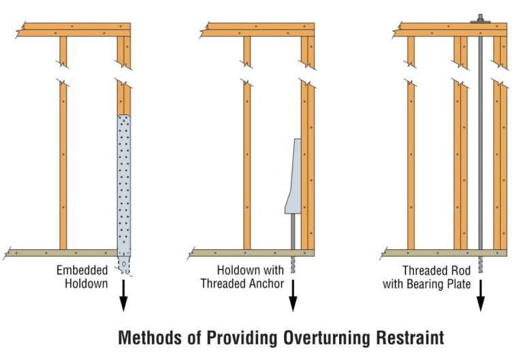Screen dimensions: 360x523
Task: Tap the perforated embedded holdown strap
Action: tap(123, 184)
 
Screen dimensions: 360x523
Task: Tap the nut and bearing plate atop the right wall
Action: tap(480, 20)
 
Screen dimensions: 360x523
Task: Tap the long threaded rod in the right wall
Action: tap(480, 136)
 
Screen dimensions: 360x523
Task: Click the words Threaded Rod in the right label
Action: tap(437, 269)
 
